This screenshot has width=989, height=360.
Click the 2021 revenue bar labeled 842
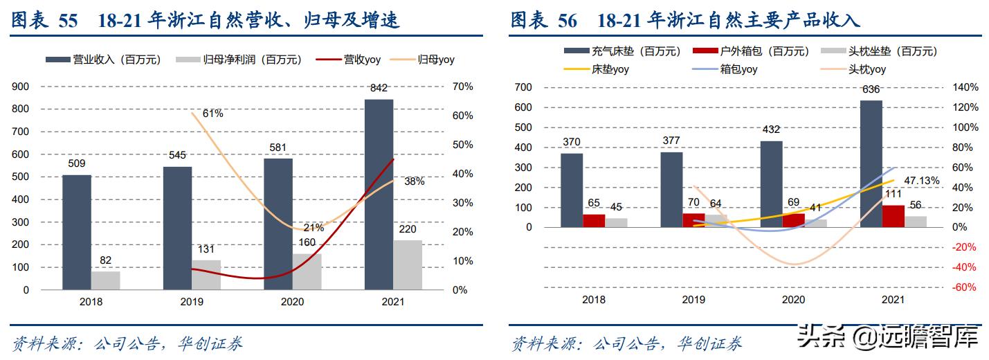379,194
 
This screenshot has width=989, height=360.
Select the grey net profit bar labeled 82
105,280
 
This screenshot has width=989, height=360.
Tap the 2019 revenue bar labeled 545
177,228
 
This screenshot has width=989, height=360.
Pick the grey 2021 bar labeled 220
408,264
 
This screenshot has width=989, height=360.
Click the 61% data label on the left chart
212,114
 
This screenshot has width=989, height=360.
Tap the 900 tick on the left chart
21,87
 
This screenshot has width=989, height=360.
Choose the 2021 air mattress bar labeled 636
871,163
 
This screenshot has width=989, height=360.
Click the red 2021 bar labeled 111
893,216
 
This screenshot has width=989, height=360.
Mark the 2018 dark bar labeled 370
572,190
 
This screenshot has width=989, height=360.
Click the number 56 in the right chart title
567,21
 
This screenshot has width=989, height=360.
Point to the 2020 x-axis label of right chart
793,300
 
